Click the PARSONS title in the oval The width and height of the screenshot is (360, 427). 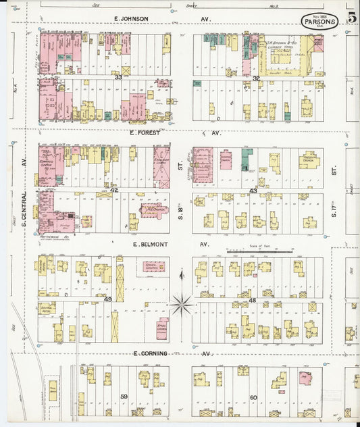(319, 20)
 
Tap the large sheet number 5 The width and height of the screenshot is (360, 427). (352, 18)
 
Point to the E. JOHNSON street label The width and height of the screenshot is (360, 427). (131, 18)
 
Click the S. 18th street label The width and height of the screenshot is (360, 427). (180, 216)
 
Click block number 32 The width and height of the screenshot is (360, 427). (256, 78)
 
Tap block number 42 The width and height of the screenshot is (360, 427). (114, 191)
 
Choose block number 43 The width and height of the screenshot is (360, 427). (253, 191)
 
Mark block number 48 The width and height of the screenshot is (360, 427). (253, 300)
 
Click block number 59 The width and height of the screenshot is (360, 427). (124, 397)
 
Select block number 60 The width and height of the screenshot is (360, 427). (253, 397)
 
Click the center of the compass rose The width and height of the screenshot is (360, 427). (181, 305)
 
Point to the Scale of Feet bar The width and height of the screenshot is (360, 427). (259, 252)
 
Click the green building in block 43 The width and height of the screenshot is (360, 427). (246, 159)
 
